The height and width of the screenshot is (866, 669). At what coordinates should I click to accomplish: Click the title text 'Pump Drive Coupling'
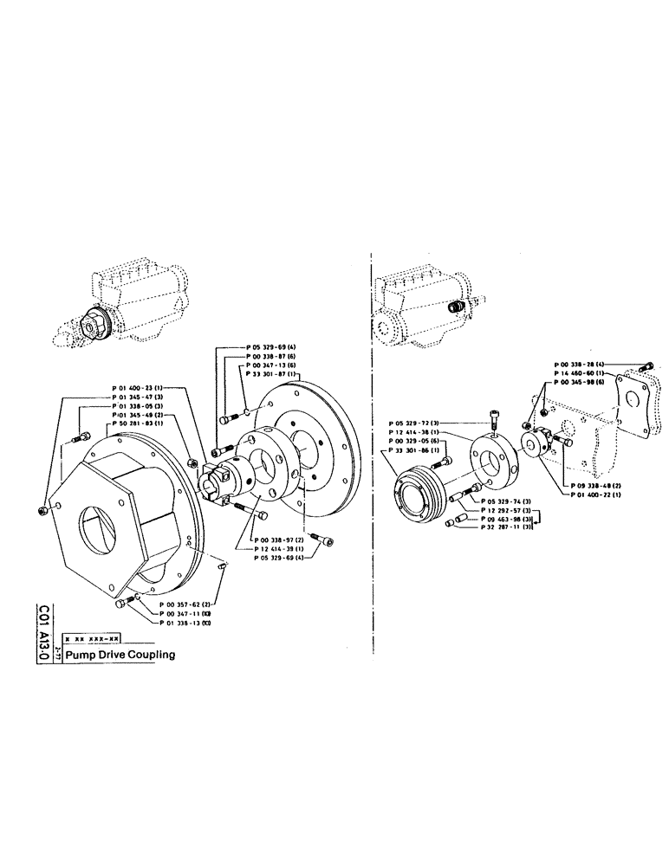point(120,655)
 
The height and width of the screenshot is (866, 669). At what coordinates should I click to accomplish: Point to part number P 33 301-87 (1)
point(273,374)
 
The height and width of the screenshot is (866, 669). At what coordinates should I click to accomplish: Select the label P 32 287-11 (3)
point(509,527)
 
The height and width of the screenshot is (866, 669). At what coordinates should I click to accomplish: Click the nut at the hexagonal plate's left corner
point(44,509)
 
